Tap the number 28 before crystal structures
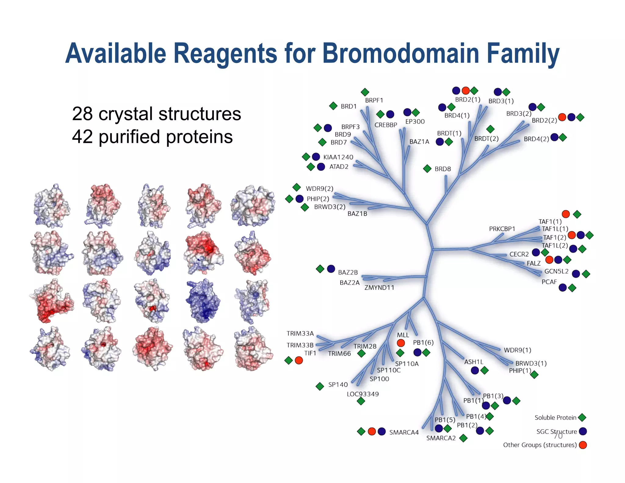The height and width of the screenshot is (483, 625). tap(82, 114)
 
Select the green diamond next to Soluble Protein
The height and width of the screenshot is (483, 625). tap(582, 417)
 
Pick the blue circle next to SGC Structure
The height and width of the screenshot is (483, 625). tap(583, 431)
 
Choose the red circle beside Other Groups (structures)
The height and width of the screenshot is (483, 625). tap(583, 445)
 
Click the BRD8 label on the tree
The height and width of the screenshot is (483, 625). tap(443, 169)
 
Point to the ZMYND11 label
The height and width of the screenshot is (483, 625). tap(379, 288)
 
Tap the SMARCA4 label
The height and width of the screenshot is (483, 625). tap(404, 432)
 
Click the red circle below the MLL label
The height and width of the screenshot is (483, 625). tap(401, 343)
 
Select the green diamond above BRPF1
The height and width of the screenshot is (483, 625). tap(365, 92)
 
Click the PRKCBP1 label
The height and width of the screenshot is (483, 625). tap(502, 229)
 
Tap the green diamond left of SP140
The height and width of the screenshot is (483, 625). tap(320, 387)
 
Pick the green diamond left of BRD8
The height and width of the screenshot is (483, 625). tap(427, 169)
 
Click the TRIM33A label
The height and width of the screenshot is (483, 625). tap(300, 333)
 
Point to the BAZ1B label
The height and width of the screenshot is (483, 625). tap(357, 214)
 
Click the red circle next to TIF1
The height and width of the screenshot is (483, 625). tap(299, 361)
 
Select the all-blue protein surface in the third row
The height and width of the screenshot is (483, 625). tap(203, 301)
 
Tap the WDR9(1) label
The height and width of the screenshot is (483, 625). tap(517, 350)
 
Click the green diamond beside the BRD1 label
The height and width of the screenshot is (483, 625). tap(333, 106)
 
